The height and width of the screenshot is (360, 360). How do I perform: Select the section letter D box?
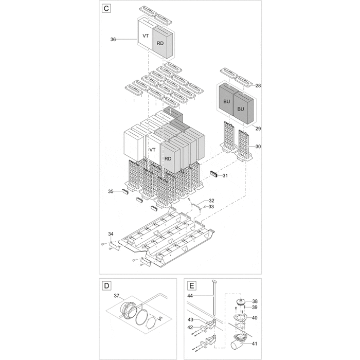click(x=106, y=285)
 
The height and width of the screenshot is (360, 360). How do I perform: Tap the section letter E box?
click(x=192, y=285)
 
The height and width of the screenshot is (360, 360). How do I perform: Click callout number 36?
click(x=114, y=39)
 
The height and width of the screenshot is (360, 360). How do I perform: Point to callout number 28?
click(x=258, y=85)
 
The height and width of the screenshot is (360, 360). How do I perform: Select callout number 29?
click(x=258, y=128)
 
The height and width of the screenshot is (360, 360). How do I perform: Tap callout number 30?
click(x=258, y=147)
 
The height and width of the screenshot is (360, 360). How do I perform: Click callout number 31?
click(x=225, y=176)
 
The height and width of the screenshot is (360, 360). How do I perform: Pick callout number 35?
click(x=111, y=191)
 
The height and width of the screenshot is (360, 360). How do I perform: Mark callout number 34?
click(x=111, y=235)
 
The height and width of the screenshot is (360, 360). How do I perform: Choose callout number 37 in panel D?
click(x=116, y=296)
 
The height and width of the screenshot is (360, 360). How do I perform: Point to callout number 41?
click(x=255, y=344)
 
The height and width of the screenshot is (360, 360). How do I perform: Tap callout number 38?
click(x=255, y=301)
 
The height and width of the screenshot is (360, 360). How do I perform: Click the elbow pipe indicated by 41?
click(x=239, y=339)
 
